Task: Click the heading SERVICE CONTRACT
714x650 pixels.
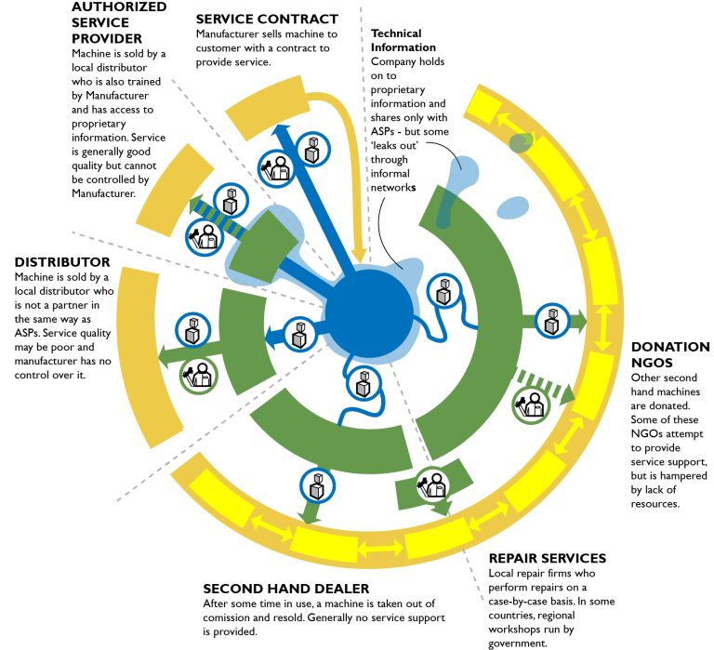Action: tap(267, 19)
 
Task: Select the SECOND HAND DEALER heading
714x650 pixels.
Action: tap(286, 589)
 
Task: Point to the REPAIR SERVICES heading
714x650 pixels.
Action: tap(548, 559)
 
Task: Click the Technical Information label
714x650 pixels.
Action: tap(403, 40)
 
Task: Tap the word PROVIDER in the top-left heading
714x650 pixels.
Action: tap(107, 38)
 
